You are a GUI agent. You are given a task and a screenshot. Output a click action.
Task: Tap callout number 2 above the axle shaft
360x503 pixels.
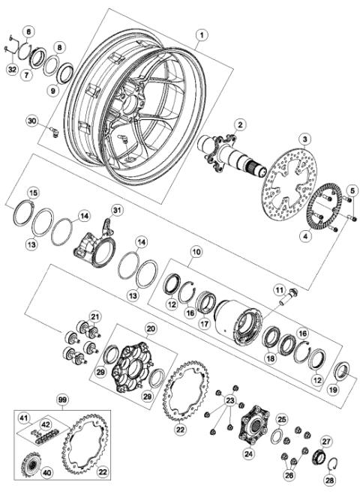coord(240,124)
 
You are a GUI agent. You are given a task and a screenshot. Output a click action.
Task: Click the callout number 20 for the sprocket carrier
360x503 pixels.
coord(150,328)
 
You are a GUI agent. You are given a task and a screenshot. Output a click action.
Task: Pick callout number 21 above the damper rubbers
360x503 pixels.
coord(94,316)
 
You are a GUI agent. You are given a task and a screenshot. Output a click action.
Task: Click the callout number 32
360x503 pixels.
coord(11,69)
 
